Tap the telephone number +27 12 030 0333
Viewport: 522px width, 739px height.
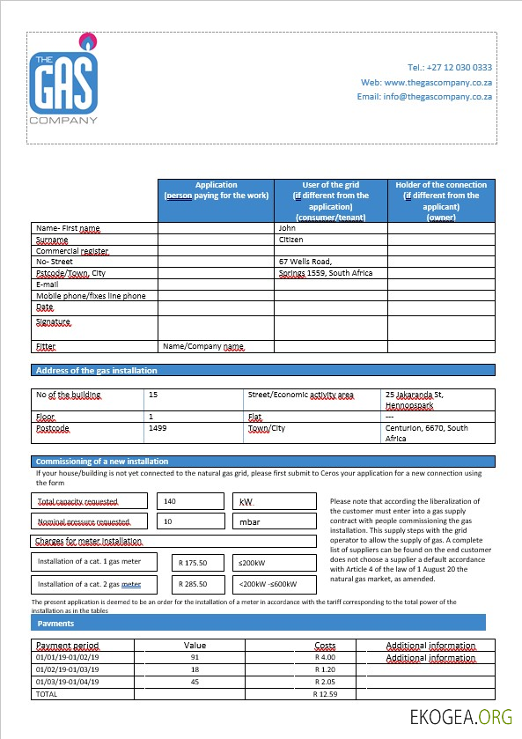click(x=450, y=67)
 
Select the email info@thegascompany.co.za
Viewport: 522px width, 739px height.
click(x=424, y=96)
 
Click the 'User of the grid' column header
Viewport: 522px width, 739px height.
click(x=330, y=201)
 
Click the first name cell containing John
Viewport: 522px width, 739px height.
click(x=287, y=228)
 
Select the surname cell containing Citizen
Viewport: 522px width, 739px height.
click(x=291, y=240)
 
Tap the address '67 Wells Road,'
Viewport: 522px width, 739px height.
click(x=305, y=262)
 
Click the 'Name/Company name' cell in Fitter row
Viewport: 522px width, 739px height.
click(x=202, y=347)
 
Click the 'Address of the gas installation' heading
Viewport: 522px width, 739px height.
click(x=97, y=371)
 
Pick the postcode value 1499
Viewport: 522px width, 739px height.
click(x=158, y=428)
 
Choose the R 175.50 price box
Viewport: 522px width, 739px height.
click(x=192, y=561)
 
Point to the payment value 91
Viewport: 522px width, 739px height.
click(x=195, y=657)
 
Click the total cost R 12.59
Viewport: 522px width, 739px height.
click(x=325, y=694)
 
